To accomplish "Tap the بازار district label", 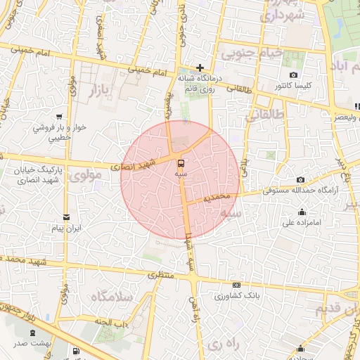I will coord(103,89).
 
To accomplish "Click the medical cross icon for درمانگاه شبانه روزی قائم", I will coord(200,67).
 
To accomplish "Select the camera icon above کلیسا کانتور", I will coord(293,75).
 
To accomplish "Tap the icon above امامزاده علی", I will coord(302,212).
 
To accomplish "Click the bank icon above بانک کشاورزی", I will coord(237,285).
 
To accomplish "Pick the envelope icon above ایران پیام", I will coord(67,217).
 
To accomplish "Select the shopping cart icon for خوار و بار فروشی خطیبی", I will coord(59,117).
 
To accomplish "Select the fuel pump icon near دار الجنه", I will coord(75,351).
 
